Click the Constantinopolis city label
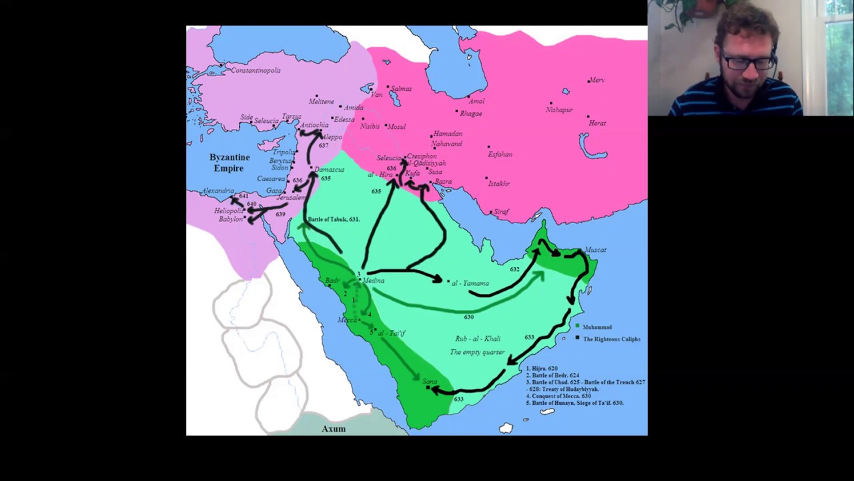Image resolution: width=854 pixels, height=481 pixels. click(256, 70)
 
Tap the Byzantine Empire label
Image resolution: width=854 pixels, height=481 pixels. click(230, 162)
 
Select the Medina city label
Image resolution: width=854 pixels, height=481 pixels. click(374, 281)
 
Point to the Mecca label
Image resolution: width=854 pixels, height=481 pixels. click(348, 320)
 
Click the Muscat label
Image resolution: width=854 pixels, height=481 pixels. click(596, 250)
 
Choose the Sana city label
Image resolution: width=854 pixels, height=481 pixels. click(430, 381)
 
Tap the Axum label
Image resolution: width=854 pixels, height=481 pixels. click(334, 429)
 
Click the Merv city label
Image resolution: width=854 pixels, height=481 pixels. click(597, 80)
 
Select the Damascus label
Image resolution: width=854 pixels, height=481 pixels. click(330, 170)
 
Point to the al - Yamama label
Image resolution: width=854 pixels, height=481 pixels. click(470, 283)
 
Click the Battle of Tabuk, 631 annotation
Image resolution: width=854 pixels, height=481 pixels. click(334, 219)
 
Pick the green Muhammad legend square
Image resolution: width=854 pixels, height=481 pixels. click(577, 326)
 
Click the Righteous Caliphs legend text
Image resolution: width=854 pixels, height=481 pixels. click(611, 339)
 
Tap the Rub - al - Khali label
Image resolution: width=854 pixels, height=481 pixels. click(478, 339)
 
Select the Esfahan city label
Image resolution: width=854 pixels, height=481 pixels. click(500, 154)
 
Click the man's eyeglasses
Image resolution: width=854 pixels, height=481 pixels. click(746, 63)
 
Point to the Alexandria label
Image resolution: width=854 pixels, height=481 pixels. click(217, 191)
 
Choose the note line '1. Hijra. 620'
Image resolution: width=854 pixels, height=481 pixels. click(542, 369)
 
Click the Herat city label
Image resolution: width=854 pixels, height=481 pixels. click(597, 123)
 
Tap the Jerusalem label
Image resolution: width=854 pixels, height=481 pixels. click(291, 198)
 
